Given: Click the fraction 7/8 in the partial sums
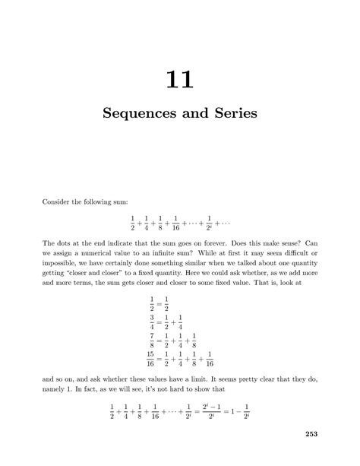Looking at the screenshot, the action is pyautogui.click(x=153, y=339).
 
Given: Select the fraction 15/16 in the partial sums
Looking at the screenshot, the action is pyautogui.click(x=151, y=357).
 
